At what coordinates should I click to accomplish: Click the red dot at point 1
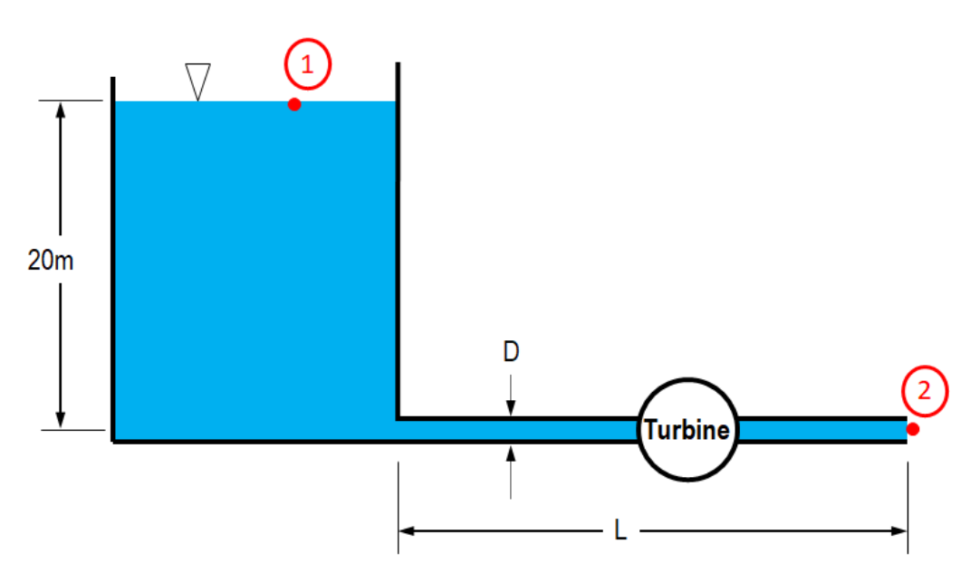pos(294,104)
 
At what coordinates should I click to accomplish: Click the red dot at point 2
pos(913,429)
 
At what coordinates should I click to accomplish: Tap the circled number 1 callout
pos(308,65)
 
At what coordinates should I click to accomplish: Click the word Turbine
pos(687,430)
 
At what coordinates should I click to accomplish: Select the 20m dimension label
pos(51,262)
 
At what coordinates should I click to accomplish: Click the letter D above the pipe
pos(512,351)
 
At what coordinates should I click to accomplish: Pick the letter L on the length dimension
pos(620,531)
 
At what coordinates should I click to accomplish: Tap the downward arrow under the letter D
pos(511,409)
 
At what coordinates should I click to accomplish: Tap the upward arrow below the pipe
pos(511,452)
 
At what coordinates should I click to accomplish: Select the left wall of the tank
pos(113,272)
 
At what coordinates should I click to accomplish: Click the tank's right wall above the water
pos(397,81)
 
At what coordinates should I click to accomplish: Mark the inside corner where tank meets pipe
pos(398,418)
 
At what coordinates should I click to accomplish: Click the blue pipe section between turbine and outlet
pos(820,430)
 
